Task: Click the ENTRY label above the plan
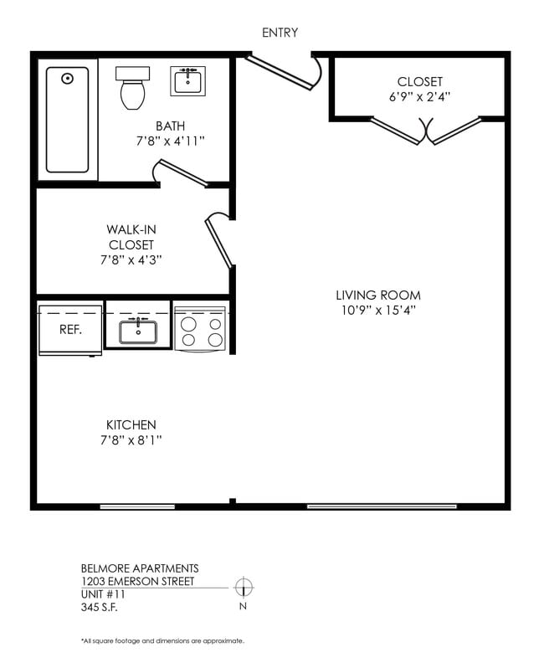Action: (280, 33)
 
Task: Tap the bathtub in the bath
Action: (67, 120)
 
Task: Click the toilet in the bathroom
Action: (131, 89)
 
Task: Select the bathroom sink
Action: (189, 82)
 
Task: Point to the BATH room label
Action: (170, 126)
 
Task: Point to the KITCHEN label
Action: (131, 424)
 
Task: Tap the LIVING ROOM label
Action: (378, 296)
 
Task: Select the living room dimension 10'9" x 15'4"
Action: (378, 311)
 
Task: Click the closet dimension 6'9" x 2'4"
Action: (420, 96)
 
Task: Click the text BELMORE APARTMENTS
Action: (140, 568)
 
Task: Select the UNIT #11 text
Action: (103, 594)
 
